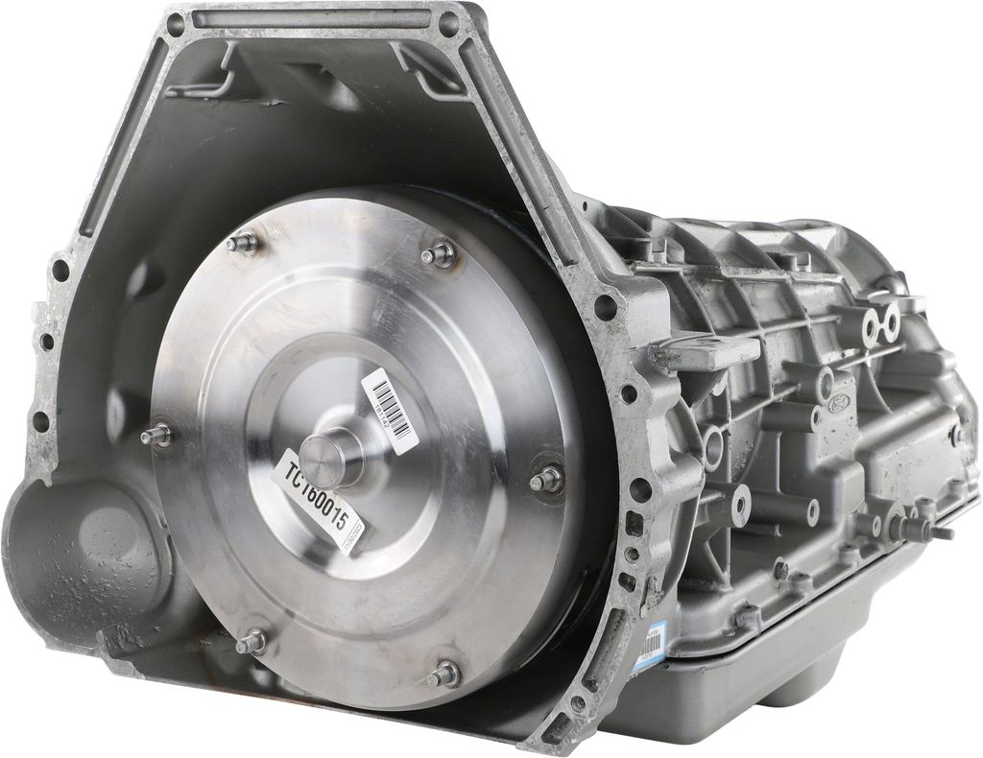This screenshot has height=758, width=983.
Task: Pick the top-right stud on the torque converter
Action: pos(441,255)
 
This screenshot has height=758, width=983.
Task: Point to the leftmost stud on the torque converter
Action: pos(156,435)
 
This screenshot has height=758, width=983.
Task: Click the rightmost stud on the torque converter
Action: pos(548,478)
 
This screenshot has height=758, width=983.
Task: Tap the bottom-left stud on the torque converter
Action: pos(253,640)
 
